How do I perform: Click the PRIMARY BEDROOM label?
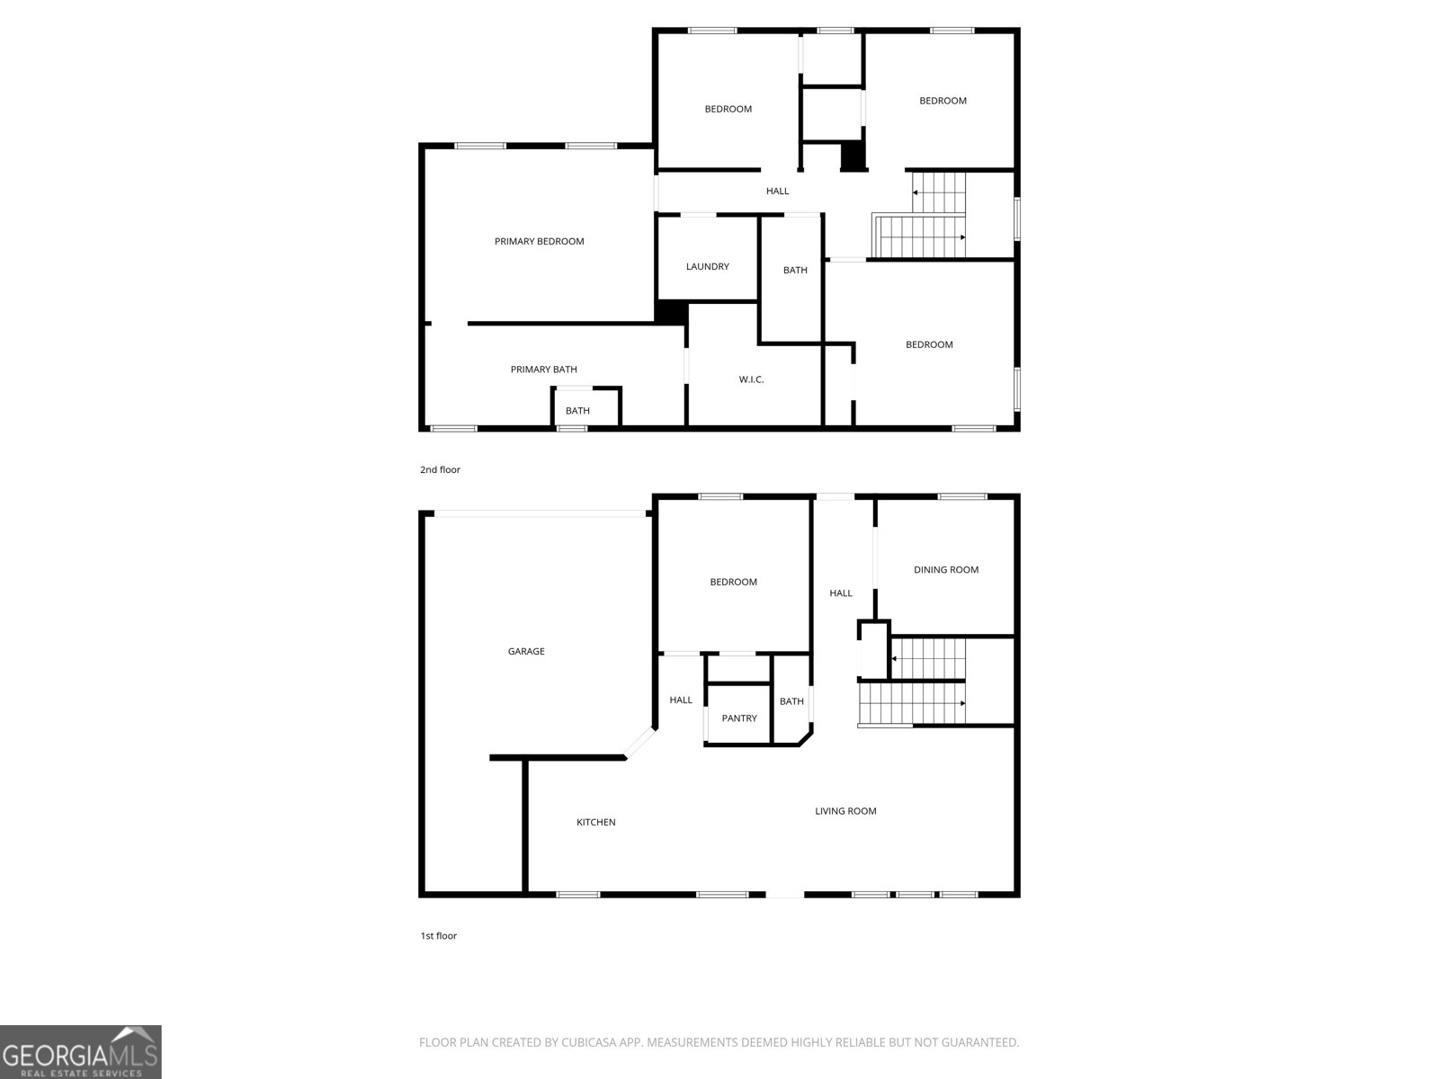[x=539, y=241]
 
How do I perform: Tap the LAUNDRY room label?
[x=707, y=266]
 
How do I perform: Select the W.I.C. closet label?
[x=751, y=379]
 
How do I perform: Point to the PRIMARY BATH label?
[x=543, y=370]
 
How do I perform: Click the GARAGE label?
[x=526, y=651]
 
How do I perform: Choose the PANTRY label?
[x=739, y=718]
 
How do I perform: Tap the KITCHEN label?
[x=595, y=822]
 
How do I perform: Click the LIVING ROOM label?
[x=845, y=811]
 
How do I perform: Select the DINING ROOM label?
[x=945, y=569]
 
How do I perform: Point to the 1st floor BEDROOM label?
[x=733, y=582]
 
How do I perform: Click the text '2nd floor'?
[x=440, y=469]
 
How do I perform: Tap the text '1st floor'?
[x=438, y=936]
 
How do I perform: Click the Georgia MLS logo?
[x=81, y=1052]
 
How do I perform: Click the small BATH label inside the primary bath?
[x=577, y=411]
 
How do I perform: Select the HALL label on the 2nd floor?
[x=777, y=191]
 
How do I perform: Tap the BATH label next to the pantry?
[x=791, y=701]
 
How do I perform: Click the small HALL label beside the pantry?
[x=681, y=700]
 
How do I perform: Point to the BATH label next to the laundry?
[x=795, y=270]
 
